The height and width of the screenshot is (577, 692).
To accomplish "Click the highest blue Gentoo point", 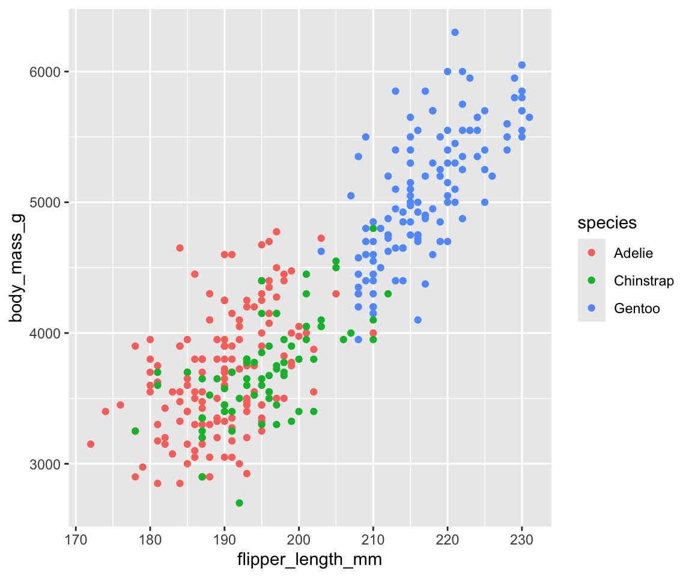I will (x=455, y=32).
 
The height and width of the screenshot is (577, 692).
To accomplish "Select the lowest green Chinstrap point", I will (x=239, y=502).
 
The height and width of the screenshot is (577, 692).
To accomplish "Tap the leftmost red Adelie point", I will (x=91, y=444).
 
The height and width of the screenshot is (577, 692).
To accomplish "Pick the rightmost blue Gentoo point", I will (x=529, y=117).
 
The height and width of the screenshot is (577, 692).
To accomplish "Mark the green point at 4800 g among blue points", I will (x=373, y=228).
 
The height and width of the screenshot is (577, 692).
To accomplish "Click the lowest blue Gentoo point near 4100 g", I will (x=417, y=320).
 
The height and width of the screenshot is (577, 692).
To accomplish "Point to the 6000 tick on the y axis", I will (x=67, y=72).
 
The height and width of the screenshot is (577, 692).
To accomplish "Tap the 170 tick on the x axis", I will (x=76, y=530).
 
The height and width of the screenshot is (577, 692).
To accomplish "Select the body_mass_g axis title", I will (x=16, y=267).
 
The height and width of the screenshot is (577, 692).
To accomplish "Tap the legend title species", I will (x=607, y=223).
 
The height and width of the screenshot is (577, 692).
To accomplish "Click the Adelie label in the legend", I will (x=633, y=253).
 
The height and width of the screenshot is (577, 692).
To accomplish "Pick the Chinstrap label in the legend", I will (x=644, y=281).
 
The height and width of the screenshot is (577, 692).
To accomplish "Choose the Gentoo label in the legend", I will (x=637, y=309).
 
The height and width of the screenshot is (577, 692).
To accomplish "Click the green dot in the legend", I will (x=592, y=281).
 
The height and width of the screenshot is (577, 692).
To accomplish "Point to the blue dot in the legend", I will (x=592, y=309).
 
